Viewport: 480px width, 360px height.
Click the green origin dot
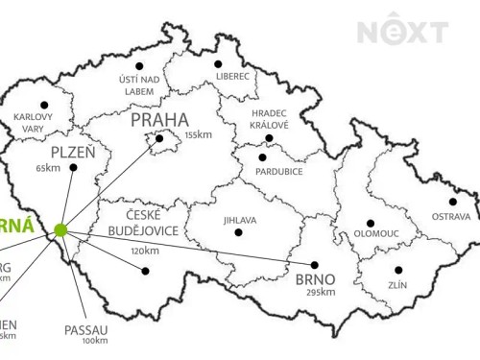(60, 229)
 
